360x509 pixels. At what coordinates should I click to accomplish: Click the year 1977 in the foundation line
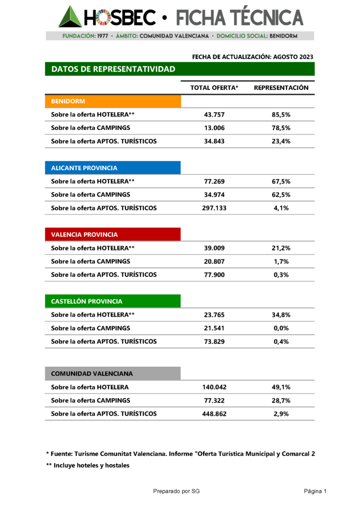(x=102, y=36)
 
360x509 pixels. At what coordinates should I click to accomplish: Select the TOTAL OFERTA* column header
(x=214, y=88)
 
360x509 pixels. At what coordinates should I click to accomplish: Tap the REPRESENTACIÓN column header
(x=281, y=88)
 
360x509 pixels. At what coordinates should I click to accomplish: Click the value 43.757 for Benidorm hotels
(x=214, y=115)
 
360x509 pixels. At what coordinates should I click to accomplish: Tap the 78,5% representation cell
(x=281, y=128)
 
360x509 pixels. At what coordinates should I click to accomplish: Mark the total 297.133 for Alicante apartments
(x=214, y=208)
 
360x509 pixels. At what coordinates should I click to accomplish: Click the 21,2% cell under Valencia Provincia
(x=281, y=248)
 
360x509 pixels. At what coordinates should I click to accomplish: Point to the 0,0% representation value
(x=281, y=328)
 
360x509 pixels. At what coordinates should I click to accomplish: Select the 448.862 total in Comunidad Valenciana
(x=214, y=414)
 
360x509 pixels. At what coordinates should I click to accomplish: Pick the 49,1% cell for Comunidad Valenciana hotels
(x=281, y=387)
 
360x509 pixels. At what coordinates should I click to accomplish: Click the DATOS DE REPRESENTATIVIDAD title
(x=113, y=69)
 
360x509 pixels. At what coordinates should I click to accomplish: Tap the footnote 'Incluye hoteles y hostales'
(x=88, y=465)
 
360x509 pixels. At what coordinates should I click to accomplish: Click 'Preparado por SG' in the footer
(x=177, y=492)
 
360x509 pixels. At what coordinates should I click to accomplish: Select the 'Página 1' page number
(x=315, y=492)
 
